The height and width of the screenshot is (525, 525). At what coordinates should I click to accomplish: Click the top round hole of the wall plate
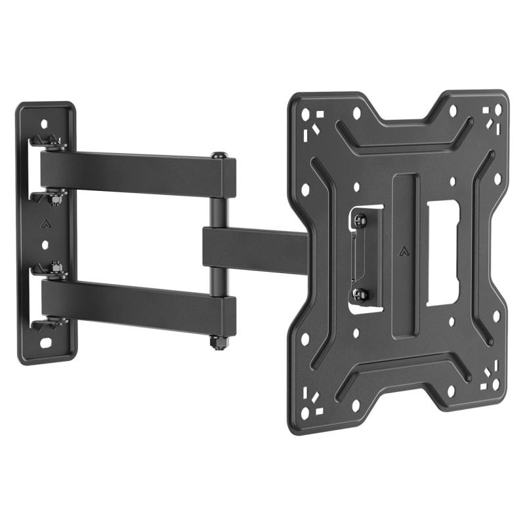click(x=45, y=123)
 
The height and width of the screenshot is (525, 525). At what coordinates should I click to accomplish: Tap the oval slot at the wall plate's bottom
click(x=46, y=343)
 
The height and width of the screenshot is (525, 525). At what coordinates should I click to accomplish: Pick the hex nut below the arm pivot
click(x=217, y=343)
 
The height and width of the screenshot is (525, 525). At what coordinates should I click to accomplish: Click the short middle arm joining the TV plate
click(x=256, y=248)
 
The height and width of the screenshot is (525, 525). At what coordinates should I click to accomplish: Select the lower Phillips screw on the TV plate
click(x=360, y=293)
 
